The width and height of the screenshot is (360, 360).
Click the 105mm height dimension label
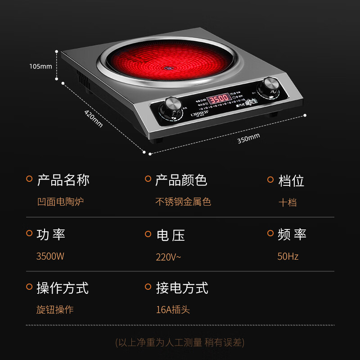[40, 66]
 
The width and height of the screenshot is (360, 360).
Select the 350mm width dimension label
[249, 137]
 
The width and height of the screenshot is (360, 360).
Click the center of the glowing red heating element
[167, 68]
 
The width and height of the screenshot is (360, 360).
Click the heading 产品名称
[63, 180]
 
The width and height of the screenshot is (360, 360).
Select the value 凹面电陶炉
[60, 202]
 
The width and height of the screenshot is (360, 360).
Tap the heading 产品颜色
[181, 180]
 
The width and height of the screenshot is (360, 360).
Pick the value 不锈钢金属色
[183, 202]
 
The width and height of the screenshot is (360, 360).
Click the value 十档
[288, 202]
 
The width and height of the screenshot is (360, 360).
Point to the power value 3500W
[50, 256]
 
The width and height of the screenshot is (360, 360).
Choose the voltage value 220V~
[168, 257]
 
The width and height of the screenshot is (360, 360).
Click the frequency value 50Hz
[288, 256]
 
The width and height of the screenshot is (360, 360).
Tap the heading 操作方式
[63, 288]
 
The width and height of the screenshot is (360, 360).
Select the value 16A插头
[173, 310]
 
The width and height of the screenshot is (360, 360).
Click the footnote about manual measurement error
[180, 342]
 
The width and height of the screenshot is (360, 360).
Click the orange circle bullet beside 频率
[270, 233]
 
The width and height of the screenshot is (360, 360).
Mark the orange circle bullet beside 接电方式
[148, 286]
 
